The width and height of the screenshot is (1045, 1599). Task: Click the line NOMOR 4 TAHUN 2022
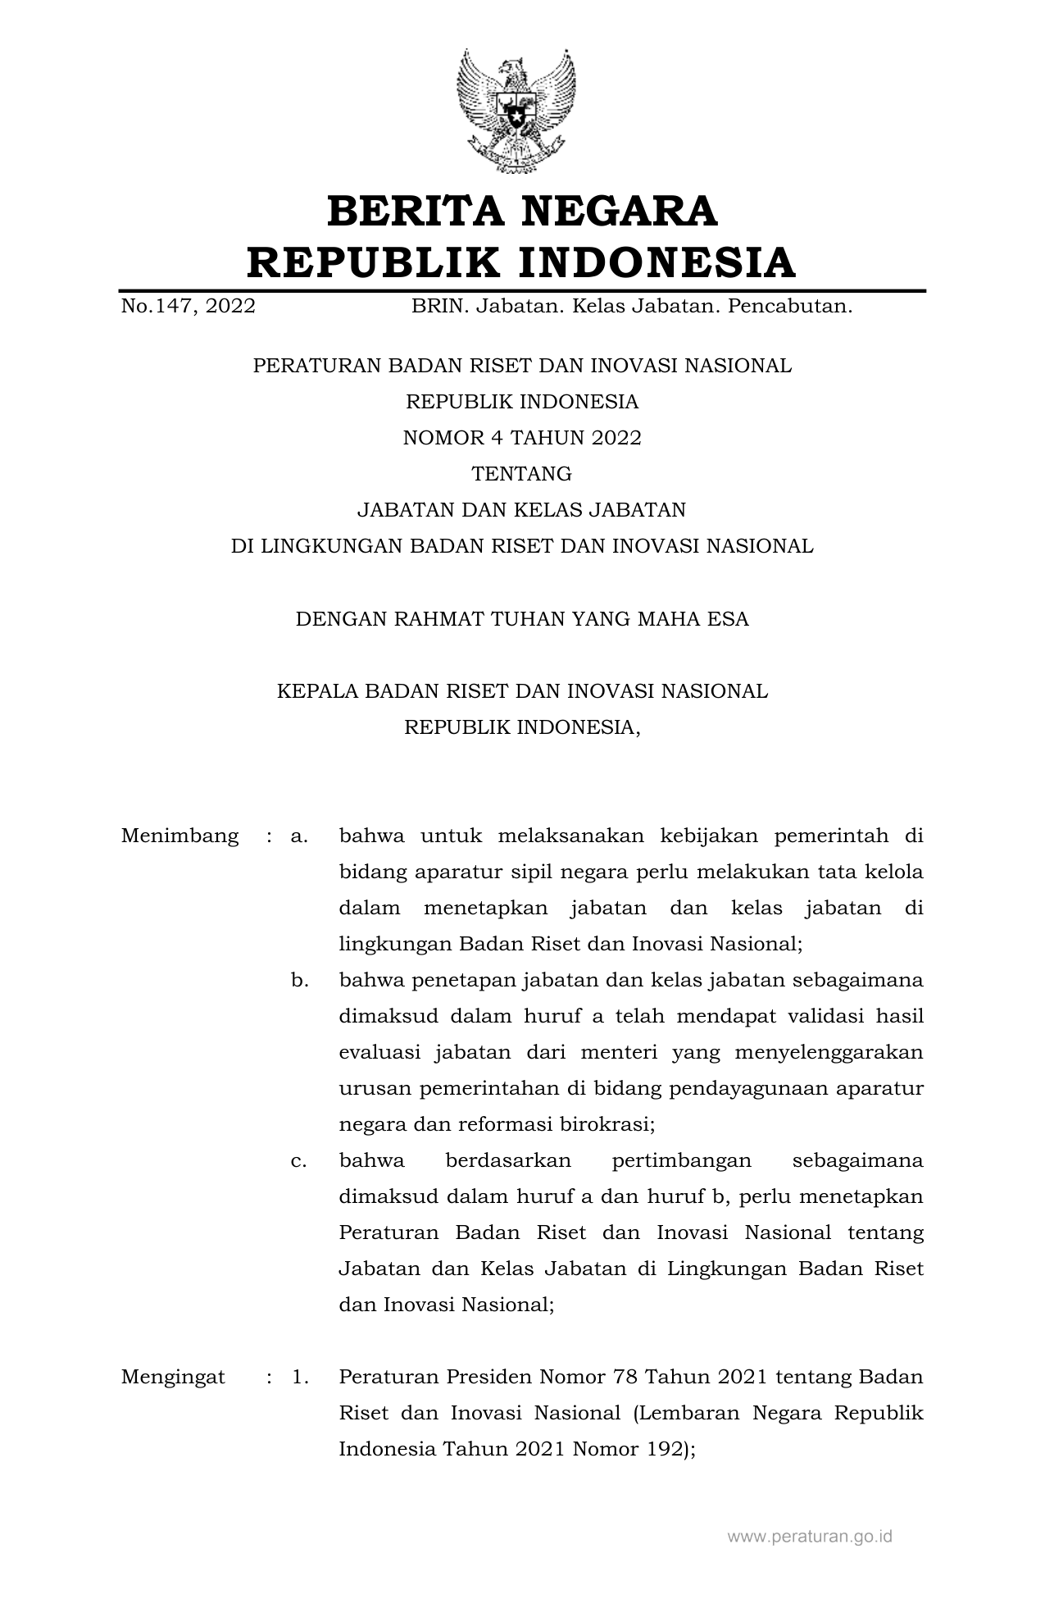[x=522, y=438]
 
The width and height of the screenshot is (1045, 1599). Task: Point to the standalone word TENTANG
[x=522, y=474]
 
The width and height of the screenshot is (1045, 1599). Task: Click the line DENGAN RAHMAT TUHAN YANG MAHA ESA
[x=522, y=618]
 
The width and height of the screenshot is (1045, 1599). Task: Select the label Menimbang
[x=179, y=836]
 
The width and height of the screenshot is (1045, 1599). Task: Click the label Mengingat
[x=173, y=1377]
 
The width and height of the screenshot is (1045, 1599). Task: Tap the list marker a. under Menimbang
[x=299, y=836]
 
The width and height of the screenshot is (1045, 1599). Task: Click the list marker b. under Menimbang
[x=299, y=981]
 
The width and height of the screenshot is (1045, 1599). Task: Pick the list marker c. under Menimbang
[x=299, y=1161]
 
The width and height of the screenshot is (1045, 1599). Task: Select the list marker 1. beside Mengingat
[x=300, y=1377]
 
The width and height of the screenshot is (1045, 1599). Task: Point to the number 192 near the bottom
[x=665, y=1449]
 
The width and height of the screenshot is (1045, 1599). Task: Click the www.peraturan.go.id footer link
[x=810, y=1537]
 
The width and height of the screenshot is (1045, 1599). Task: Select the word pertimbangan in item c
[x=681, y=1161]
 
